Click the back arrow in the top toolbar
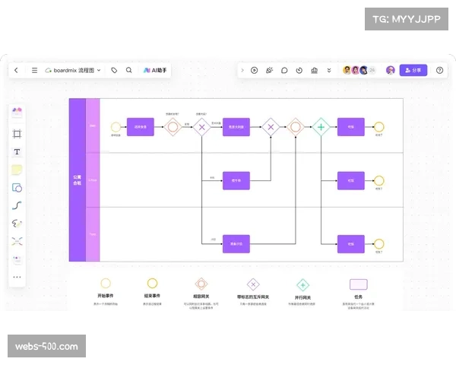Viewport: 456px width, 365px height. click(x=17, y=70)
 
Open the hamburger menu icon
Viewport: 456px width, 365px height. click(x=34, y=70)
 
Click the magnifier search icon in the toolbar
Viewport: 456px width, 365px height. click(x=129, y=70)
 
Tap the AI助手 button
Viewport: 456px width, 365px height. click(x=155, y=70)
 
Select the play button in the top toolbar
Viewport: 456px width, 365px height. click(x=255, y=70)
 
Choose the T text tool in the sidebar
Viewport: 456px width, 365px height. click(x=17, y=151)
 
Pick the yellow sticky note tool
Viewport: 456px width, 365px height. click(x=17, y=170)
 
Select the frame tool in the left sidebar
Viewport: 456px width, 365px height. click(x=17, y=133)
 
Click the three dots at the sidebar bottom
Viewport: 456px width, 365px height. click(x=17, y=277)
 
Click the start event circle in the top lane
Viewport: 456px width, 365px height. click(x=116, y=128)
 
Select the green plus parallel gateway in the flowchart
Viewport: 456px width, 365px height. click(x=321, y=128)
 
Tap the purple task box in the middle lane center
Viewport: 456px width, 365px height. click(x=236, y=181)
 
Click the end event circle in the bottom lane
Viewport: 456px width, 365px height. click(x=378, y=244)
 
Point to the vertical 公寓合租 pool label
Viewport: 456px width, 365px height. click(x=77, y=180)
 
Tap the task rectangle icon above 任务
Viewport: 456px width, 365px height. click(x=358, y=284)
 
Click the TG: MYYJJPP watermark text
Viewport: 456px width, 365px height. click(x=407, y=19)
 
